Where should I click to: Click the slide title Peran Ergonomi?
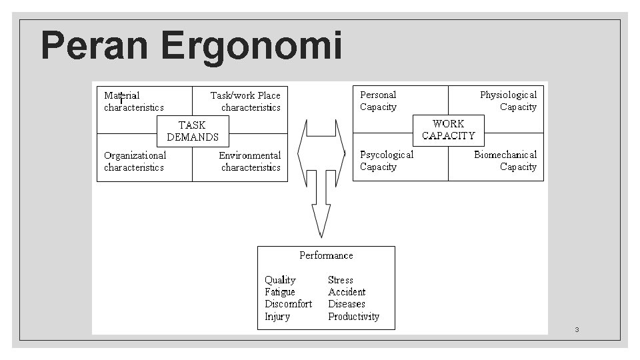(x=191, y=47)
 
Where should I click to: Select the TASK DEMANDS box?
(x=193, y=131)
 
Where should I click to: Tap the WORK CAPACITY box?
(x=448, y=129)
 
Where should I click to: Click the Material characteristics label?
(x=133, y=101)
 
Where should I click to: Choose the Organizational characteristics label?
(x=135, y=161)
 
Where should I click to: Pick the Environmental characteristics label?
(x=250, y=161)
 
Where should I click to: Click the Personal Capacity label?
(x=378, y=101)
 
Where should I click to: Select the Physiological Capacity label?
(x=509, y=101)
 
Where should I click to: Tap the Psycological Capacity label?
(x=387, y=161)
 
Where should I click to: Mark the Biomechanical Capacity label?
(x=505, y=161)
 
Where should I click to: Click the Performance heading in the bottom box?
(x=326, y=255)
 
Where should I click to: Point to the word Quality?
(x=280, y=280)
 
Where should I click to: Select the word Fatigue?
(x=280, y=292)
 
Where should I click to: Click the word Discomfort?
(x=288, y=304)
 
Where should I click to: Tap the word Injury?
(x=277, y=317)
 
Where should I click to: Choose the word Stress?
(x=341, y=280)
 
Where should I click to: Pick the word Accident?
(x=347, y=292)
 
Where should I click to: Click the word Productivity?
(x=353, y=317)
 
